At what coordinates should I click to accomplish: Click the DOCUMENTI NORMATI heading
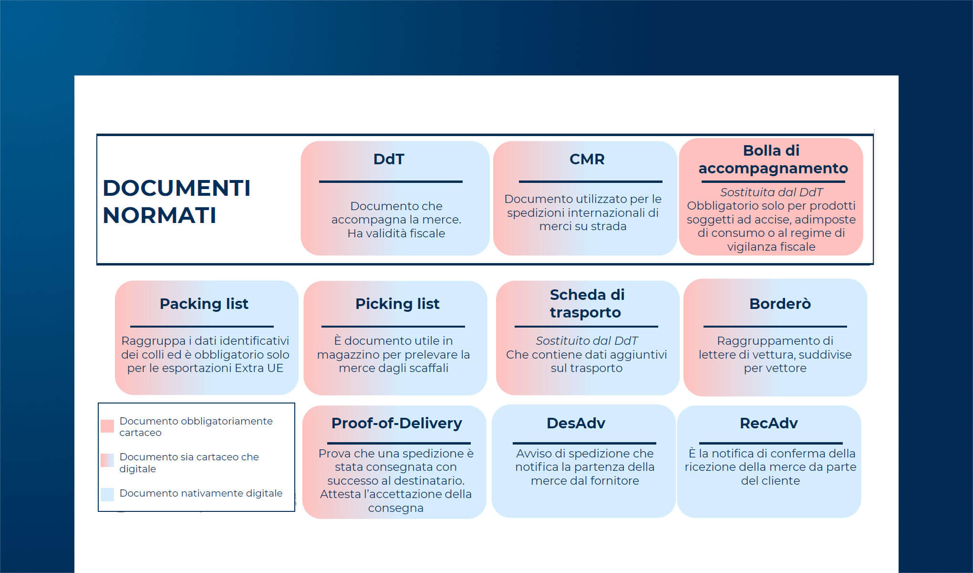(x=176, y=201)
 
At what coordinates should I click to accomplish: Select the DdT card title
(x=389, y=159)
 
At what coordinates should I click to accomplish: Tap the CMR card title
(x=587, y=159)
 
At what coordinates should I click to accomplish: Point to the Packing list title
(x=204, y=304)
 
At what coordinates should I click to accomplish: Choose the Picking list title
(x=397, y=304)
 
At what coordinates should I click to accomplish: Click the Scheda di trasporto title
(x=587, y=303)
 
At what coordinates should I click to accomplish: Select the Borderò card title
(x=780, y=304)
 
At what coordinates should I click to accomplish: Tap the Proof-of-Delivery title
(x=396, y=423)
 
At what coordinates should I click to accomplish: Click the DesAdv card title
(x=576, y=423)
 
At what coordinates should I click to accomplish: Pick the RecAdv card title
(x=768, y=423)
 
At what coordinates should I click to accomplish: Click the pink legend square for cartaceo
(x=107, y=426)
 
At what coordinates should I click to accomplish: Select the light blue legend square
(x=107, y=494)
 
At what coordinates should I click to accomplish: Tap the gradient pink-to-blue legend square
(x=107, y=460)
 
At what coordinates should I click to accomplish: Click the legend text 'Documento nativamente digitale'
(x=201, y=493)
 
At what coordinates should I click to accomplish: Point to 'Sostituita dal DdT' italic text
(x=771, y=192)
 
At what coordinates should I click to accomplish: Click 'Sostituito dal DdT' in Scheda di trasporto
(x=586, y=340)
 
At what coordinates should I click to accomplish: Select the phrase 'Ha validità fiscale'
(x=396, y=233)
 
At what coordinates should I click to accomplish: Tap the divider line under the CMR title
(x=590, y=181)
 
